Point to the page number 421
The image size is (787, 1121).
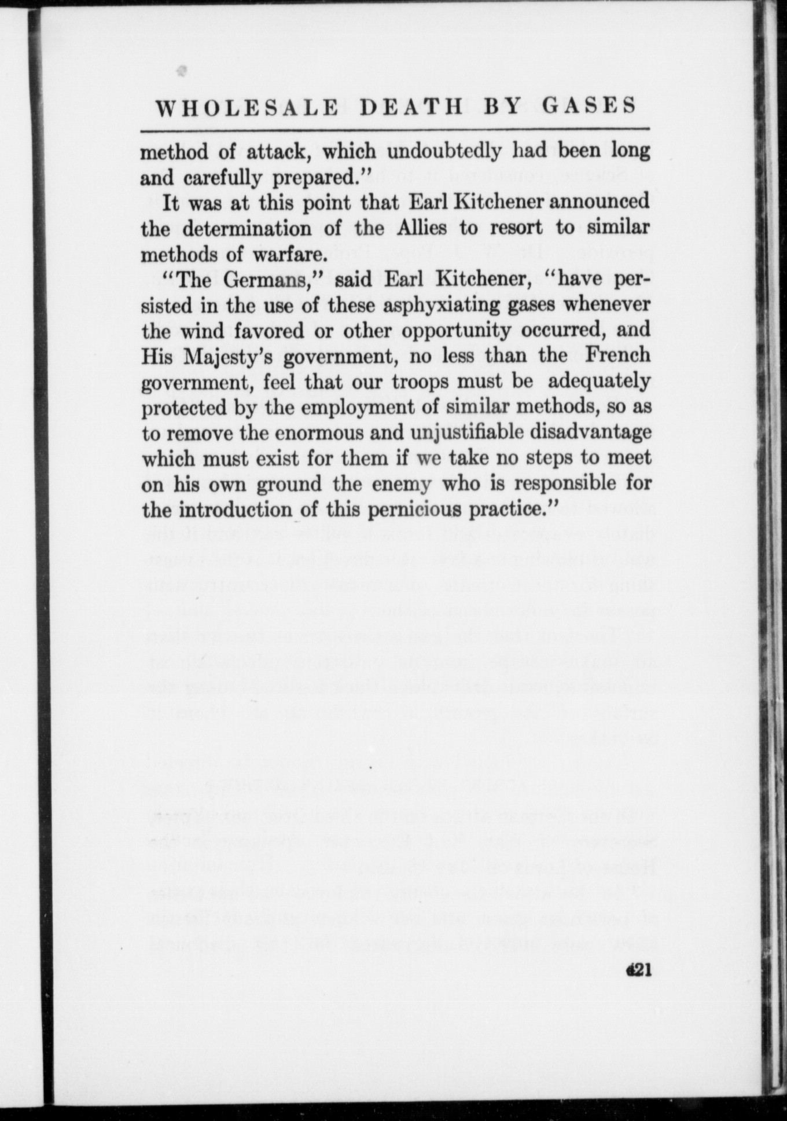coord(639,970)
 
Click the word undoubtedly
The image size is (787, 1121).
coord(444,152)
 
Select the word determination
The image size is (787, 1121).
coord(247,228)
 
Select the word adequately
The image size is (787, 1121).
coord(599,382)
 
